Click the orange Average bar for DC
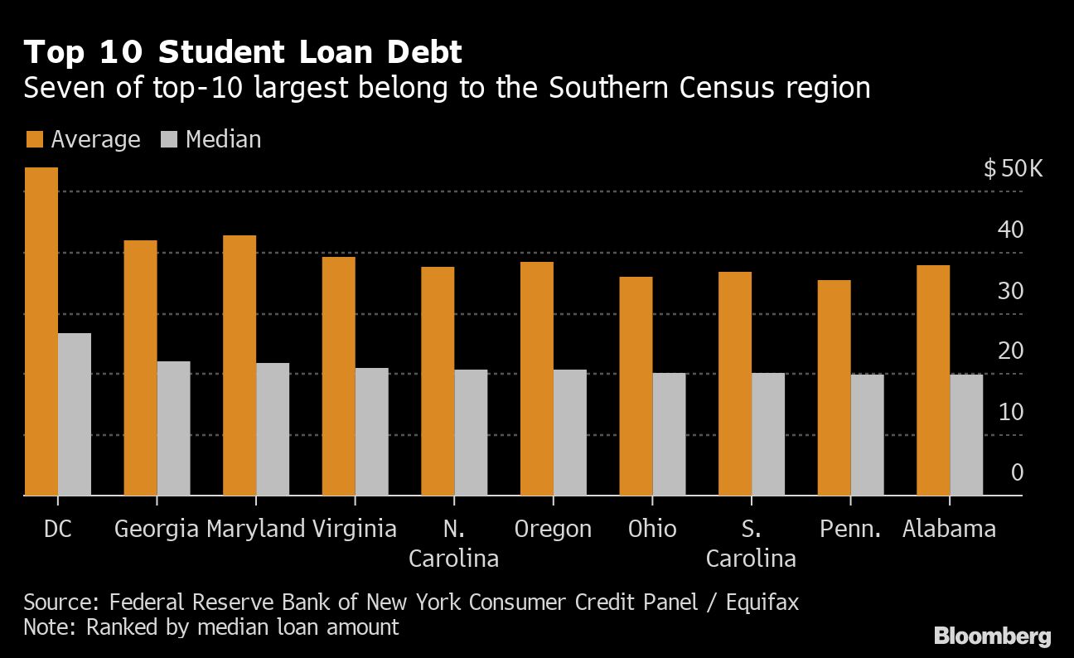tap(41, 331)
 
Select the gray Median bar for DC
tap(75, 414)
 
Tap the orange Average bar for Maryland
tap(239, 365)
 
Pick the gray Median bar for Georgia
tap(173, 428)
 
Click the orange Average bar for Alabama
tap(933, 380)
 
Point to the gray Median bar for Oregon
tap(570, 433)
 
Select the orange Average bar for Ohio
tap(636, 386)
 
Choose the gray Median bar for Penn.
tap(867, 435)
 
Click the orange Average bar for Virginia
tap(338, 376)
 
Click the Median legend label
tap(223, 139)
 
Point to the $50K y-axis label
tap(1013, 170)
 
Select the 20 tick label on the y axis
tap(1011, 351)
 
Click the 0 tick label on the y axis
tap(1017, 472)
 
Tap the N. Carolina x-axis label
tap(454, 544)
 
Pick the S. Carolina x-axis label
tap(751, 544)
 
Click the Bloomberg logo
tap(992, 636)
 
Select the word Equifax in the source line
tap(762, 602)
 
